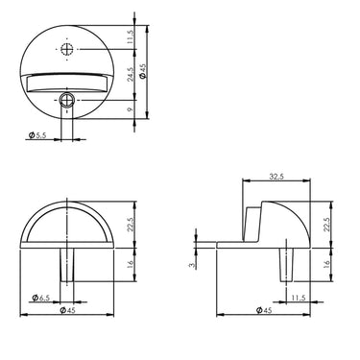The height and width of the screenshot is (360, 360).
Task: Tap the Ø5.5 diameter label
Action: [x=33, y=137]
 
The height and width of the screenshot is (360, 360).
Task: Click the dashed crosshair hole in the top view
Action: [x=67, y=49]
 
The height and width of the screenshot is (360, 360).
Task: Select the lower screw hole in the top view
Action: [x=67, y=98]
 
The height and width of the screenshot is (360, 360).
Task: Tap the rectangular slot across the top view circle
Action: [x=67, y=83]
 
